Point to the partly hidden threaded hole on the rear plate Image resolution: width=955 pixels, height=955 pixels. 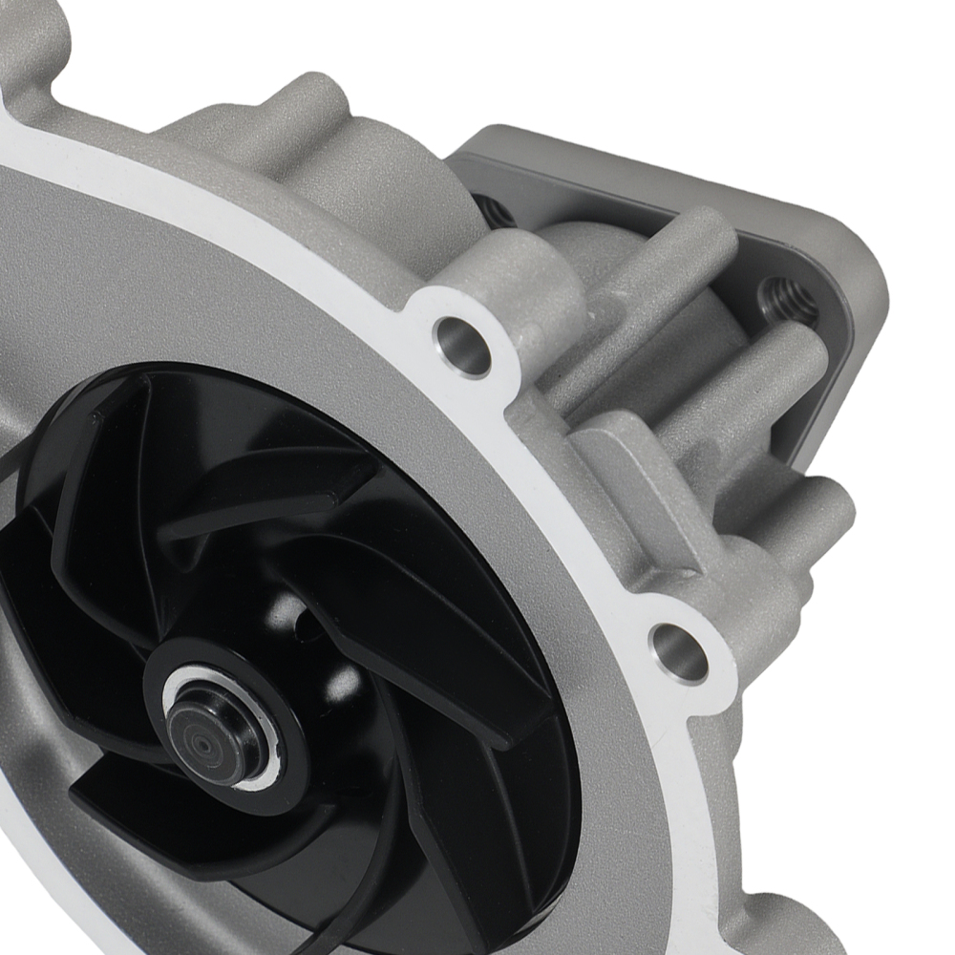(x=495, y=208)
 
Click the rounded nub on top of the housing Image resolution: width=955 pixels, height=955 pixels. (x=315, y=95)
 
